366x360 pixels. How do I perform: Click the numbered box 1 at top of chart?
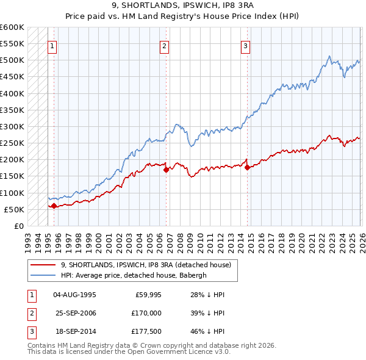53,45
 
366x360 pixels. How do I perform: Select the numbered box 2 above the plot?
165,45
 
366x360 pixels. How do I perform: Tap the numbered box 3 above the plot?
245,45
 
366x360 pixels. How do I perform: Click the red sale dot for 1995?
54,206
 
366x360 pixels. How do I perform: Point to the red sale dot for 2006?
165,170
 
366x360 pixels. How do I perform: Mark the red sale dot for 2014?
246,167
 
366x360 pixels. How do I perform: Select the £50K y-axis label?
14,209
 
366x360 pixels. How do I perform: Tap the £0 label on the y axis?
18,226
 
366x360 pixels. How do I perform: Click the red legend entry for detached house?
145,265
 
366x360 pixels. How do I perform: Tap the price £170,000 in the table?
146,314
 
